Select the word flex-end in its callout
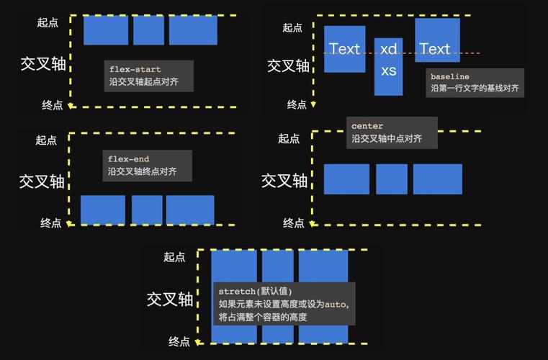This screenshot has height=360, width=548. click(x=128, y=159)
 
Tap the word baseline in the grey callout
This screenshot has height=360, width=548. click(x=449, y=76)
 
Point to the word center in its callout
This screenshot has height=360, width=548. click(x=367, y=126)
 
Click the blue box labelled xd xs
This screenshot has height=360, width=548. click(x=388, y=67)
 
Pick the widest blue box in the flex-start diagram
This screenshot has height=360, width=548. click(x=193, y=30)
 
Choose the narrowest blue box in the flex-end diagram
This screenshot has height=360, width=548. click(x=147, y=210)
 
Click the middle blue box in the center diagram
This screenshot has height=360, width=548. click(x=391, y=179)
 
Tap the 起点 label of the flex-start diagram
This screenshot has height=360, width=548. click(x=48, y=22)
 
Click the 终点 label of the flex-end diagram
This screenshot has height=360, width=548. click(x=50, y=223)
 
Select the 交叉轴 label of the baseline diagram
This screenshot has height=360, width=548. click(x=288, y=66)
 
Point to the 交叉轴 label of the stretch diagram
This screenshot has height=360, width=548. click(x=170, y=299)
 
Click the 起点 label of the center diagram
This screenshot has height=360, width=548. click(x=289, y=138)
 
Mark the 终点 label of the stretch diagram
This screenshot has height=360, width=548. click(x=179, y=341)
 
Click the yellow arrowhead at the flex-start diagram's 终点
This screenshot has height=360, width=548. click(x=70, y=106)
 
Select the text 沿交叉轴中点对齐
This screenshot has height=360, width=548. click(x=387, y=138)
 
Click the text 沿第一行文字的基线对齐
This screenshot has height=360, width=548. click(x=475, y=89)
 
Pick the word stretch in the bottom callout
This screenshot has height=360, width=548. click(x=236, y=292)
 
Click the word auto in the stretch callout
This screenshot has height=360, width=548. click(x=335, y=304)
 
